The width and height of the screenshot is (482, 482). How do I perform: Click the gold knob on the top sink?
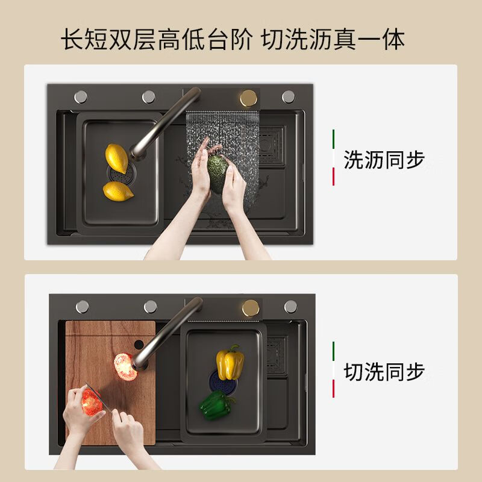pos(248,98)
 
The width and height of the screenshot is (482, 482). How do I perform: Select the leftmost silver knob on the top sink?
pos(81,96)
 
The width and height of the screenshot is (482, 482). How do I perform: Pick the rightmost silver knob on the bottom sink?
pos(290,306)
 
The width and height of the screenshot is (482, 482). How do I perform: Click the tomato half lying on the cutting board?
pos(125,366)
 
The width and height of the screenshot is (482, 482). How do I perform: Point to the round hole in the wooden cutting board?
pos(140,345)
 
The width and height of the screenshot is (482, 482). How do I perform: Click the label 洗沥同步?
pos(384,160)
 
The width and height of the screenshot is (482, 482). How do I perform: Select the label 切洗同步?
pos(384,372)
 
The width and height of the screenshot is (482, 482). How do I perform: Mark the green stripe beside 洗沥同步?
pos(333,138)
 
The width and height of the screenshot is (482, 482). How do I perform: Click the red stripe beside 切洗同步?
pos(333,389)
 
